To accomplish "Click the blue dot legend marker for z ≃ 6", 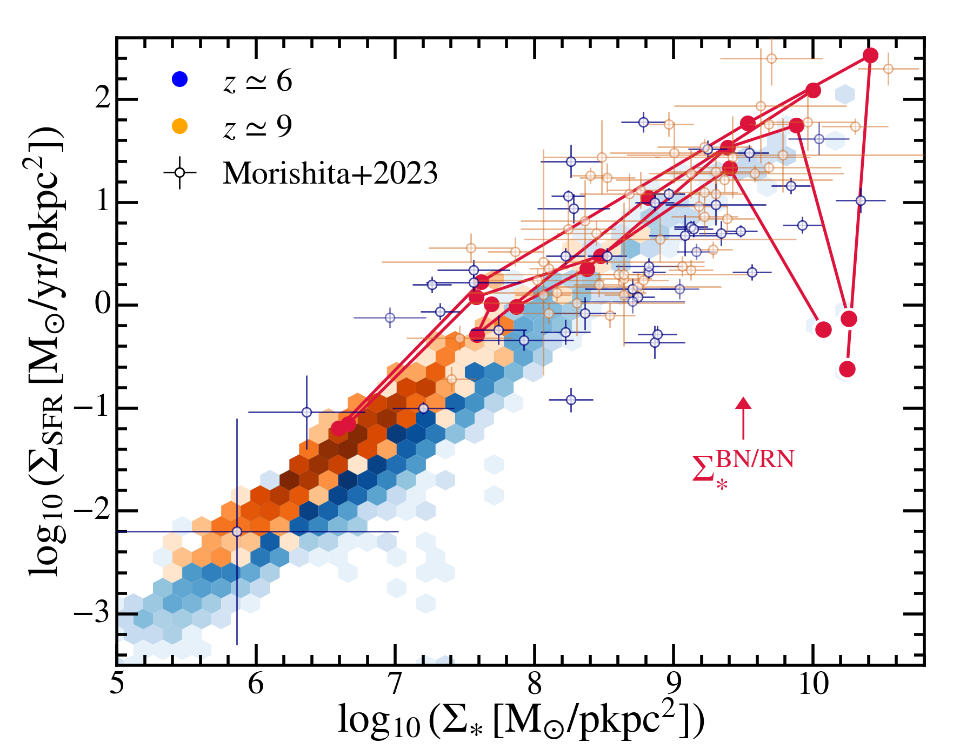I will pos(179,79).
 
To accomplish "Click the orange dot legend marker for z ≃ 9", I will pos(179,126).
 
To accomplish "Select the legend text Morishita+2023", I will pos(330,173).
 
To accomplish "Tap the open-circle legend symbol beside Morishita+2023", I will pos(179,173).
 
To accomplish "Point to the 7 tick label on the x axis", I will pos(395,685).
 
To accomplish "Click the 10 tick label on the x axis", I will pos(813,685).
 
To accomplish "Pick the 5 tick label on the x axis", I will pos(117,685).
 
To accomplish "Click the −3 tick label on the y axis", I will pos(91,614).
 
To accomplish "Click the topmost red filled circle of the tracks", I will pos(870,55).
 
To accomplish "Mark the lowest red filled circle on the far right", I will pos(847,369).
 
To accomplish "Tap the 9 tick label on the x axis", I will pos(674,685).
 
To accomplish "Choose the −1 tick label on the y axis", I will pos(91,408).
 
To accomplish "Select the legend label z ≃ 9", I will pos(258,126).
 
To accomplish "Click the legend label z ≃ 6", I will pos(258,81).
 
